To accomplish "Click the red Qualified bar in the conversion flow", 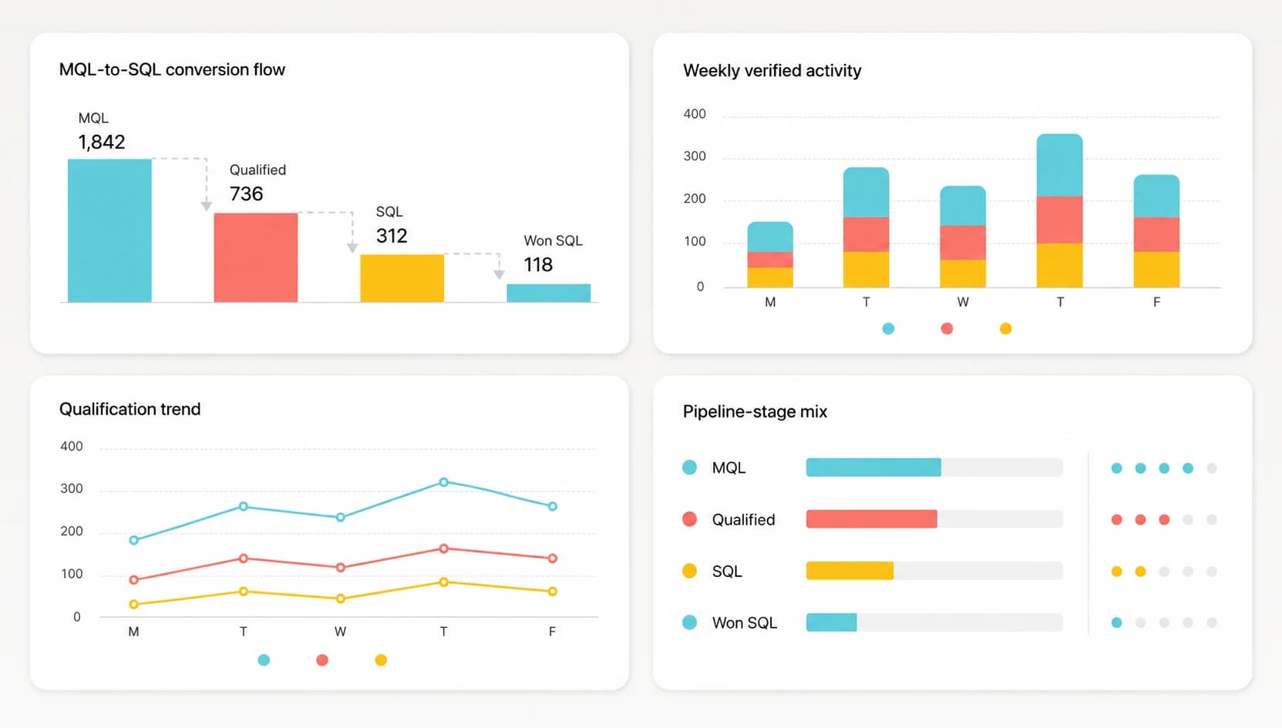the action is click(x=256, y=257).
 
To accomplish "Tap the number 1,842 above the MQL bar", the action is click(x=101, y=142).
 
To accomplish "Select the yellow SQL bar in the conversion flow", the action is click(x=402, y=278).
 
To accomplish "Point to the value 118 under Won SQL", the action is click(x=538, y=265).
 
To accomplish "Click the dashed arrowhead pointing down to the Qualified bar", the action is click(x=207, y=206).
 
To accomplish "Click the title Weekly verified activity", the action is click(x=772, y=70).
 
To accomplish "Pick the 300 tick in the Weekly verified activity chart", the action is click(x=695, y=156).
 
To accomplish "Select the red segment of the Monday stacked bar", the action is click(x=770, y=260).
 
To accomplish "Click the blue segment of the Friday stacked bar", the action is click(x=1156, y=196).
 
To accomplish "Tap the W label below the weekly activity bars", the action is click(x=963, y=302).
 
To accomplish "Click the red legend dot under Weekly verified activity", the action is click(x=947, y=328).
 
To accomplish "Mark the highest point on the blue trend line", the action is click(x=443, y=482).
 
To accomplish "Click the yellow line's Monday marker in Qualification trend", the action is click(x=134, y=604).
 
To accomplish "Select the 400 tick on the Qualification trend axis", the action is click(x=72, y=446).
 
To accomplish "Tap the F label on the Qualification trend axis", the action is click(x=552, y=632).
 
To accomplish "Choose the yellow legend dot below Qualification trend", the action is click(x=381, y=660).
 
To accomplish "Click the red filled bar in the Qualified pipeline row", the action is click(x=872, y=518).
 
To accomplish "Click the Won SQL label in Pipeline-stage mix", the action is click(x=745, y=622).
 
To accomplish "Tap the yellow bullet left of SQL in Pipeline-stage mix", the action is click(x=690, y=571).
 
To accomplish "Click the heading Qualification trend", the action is click(x=130, y=409).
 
